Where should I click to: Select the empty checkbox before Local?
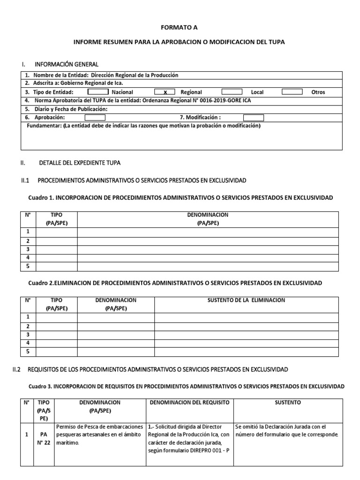tap(232, 92)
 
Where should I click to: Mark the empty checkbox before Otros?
tap(292, 92)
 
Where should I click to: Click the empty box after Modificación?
tap(253, 118)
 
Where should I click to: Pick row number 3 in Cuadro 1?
tap(28, 249)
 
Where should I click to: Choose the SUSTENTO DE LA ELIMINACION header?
tap(246, 300)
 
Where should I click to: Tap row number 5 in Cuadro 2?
tap(28, 351)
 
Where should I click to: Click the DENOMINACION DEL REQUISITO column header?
tap(189, 402)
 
